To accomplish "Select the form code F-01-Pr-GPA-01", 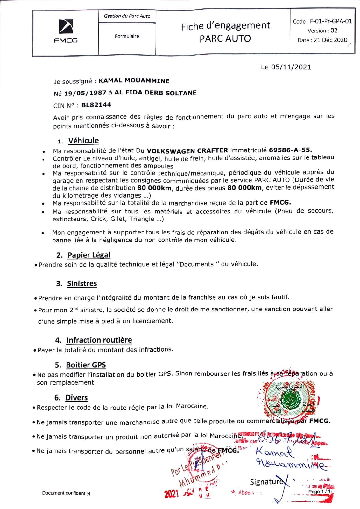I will [x=331, y=21].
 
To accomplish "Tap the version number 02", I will [x=334, y=31].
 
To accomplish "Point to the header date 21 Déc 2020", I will [x=330, y=40].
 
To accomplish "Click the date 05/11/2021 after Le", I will [x=291, y=67].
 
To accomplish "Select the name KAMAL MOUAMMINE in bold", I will [x=134, y=80].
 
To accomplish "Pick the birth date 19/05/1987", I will [x=85, y=93].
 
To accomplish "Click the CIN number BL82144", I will [x=96, y=105].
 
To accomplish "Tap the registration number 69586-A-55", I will [x=290, y=150].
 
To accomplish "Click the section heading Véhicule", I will [x=83, y=141].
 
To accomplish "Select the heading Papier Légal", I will [x=89, y=255].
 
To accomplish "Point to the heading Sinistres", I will [x=82, y=283].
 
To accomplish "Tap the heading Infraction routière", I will [x=99, y=340].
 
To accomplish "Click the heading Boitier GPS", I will [x=86, y=365].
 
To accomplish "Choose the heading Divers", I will [x=76, y=398].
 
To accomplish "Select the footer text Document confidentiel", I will [x=66, y=493].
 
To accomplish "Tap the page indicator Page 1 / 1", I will [x=319, y=492].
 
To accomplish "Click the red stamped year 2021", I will [x=171, y=494].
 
